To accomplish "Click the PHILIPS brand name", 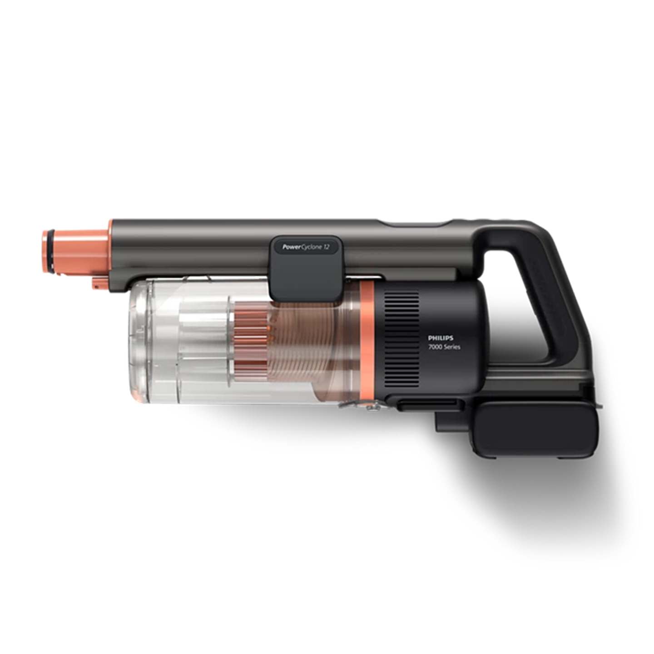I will [440, 338].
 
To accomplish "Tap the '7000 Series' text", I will [444, 347].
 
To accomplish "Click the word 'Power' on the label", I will [291, 247].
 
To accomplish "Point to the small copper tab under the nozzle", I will [99, 284].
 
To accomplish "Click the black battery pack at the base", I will [536, 429].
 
